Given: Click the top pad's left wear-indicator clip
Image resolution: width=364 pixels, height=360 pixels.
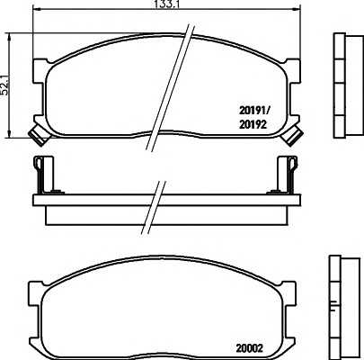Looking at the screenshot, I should pyautogui.click(x=38, y=135).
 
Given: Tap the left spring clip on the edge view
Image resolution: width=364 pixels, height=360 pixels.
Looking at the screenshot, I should pyautogui.click(x=40, y=172).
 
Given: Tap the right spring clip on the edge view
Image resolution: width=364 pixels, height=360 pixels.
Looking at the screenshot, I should pyautogui.click(x=289, y=172).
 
